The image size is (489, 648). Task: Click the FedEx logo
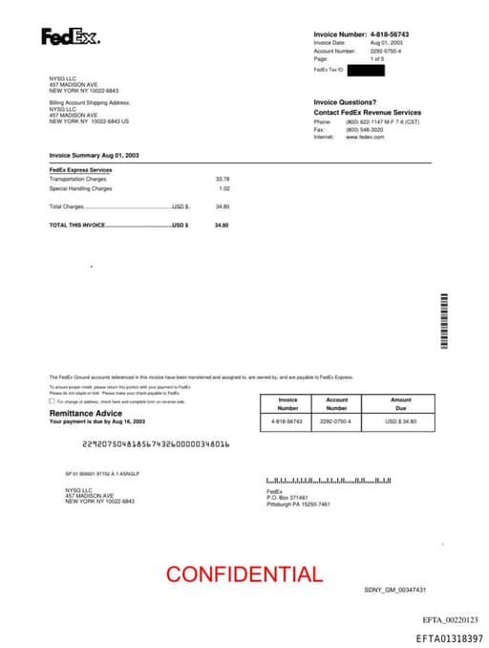coord(70,38)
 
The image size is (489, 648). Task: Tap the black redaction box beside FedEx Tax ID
coord(366,71)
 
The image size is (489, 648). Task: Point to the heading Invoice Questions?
coord(345,102)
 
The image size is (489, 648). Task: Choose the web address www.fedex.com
coord(365,137)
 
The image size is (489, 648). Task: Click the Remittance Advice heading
coord(85,413)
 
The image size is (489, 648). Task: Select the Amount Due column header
coord(400,404)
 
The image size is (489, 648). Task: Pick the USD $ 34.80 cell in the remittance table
coord(400,421)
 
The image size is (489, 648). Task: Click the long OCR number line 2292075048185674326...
coord(156,444)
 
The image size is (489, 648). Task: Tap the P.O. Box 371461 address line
coord(287,498)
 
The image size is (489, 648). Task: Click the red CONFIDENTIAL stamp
coord(244,574)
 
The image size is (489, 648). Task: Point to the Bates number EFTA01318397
coord(449,637)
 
